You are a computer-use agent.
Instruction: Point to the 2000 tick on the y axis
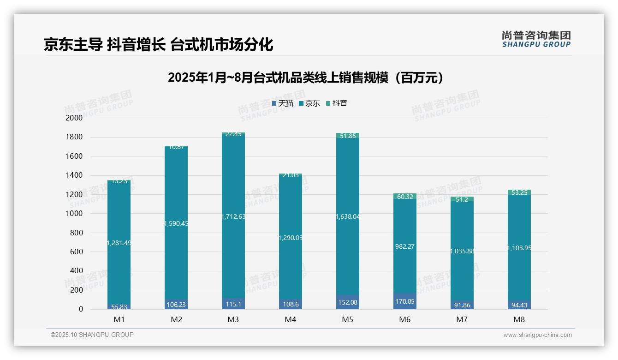[74, 118]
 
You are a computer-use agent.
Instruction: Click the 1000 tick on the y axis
[74, 214]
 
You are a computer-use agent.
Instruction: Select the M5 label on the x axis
[347, 319]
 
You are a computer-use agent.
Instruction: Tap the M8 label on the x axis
[519, 319]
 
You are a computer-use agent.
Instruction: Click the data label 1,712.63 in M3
[233, 216]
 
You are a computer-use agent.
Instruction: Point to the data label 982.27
[404, 246]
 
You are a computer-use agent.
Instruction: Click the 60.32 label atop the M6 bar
[404, 197]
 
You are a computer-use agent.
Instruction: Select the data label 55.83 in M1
[119, 306]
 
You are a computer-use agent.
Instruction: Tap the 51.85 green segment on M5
[347, 136]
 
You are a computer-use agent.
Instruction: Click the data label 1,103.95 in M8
[519, 248]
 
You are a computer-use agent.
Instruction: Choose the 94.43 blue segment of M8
[519, 305]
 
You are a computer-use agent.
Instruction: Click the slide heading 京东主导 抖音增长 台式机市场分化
[158, 44]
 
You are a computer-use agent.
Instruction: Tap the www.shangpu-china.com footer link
[537, 335]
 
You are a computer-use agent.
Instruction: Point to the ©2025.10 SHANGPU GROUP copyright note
[92, 335]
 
